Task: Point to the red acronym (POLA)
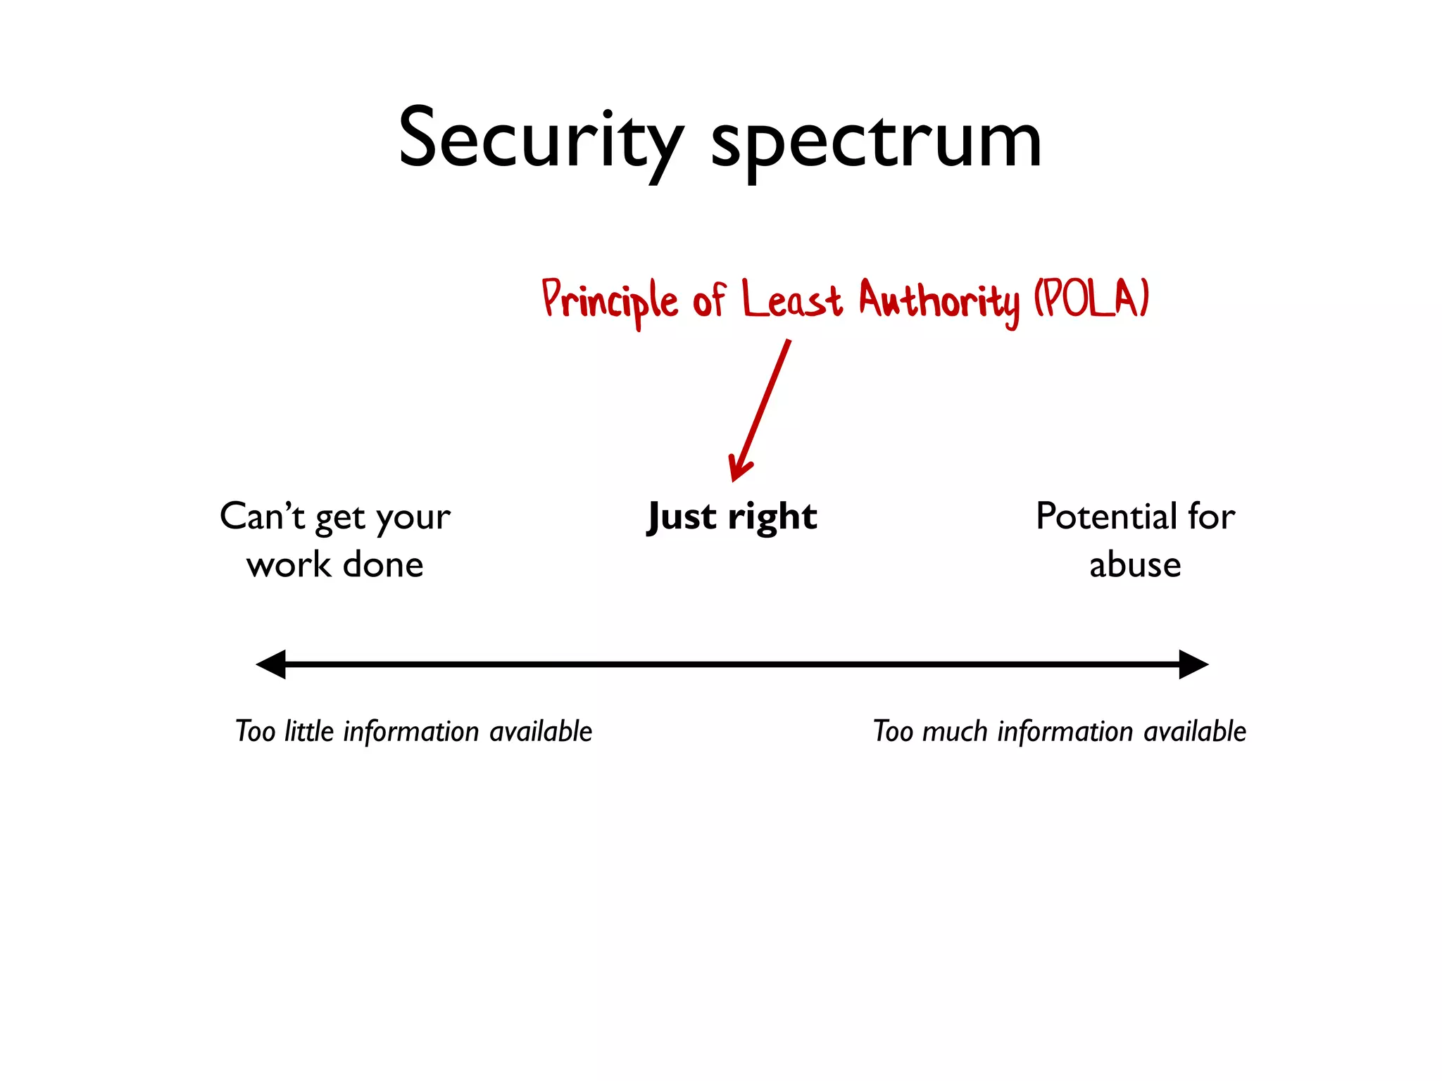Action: click(1091, 299)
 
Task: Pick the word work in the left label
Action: click(288, 565)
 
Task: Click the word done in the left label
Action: click(383, 565)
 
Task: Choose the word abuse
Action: click(1135, 565)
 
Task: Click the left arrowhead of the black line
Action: click(272, 664)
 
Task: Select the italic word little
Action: click(308, 731)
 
